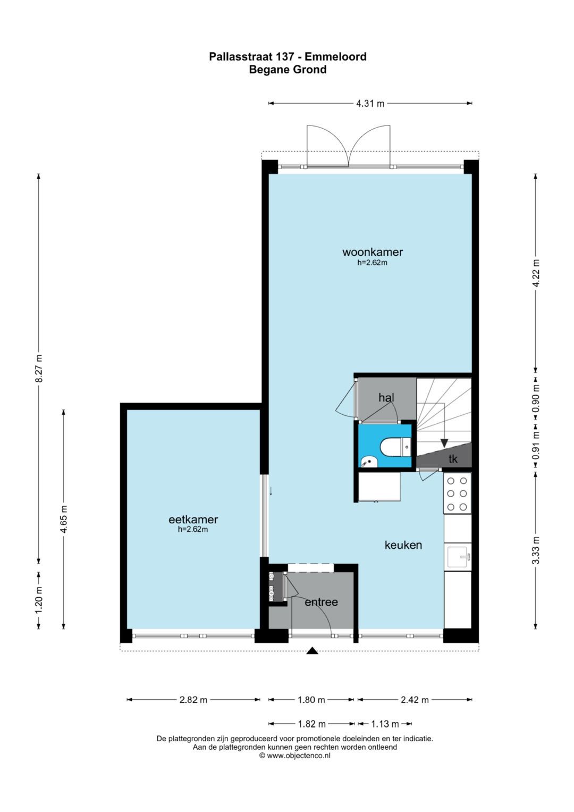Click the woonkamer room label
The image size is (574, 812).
[373, 252]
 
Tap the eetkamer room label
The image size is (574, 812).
[193, 520]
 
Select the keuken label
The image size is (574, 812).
[403, 555]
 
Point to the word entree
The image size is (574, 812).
[321, 602]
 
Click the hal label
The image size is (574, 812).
[386, 398]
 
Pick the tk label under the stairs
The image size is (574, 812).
[453, 459]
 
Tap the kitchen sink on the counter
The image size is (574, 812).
[459, 556]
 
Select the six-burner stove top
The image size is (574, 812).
[457, 493]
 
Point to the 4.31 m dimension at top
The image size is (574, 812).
[370, 104]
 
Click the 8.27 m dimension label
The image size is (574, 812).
[39, 368]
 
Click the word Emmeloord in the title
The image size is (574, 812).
[335, 56]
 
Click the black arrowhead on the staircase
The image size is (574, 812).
[444, 443]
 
